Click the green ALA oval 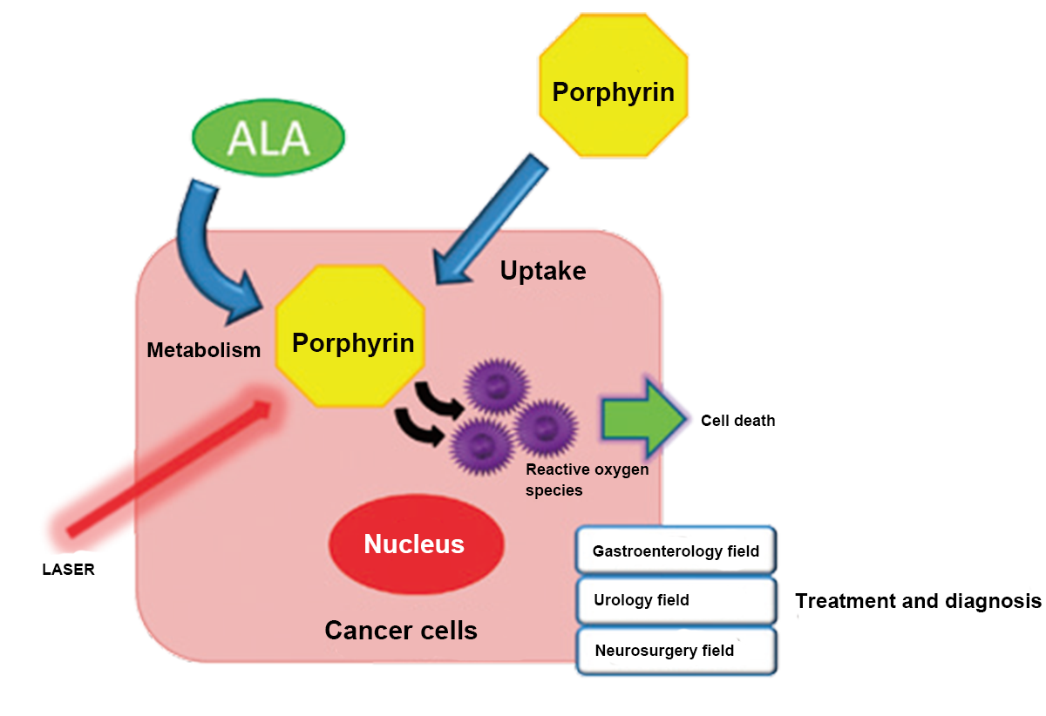(x=268, y=138)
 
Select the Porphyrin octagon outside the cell (x=614, y=91)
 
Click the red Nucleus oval (x=415, y=544)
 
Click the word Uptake (x=542, y=271)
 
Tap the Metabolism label (x=203, y=350)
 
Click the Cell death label (x=737, y=421)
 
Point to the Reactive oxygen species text (x=587, y=480)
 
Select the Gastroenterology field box (x=676, y=551)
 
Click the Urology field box (x=676, y=600)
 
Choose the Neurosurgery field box (x=676, y=651)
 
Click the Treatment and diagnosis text (x=919, y=601)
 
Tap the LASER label (x=68, y=571)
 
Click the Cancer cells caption (x=401, y=630)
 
